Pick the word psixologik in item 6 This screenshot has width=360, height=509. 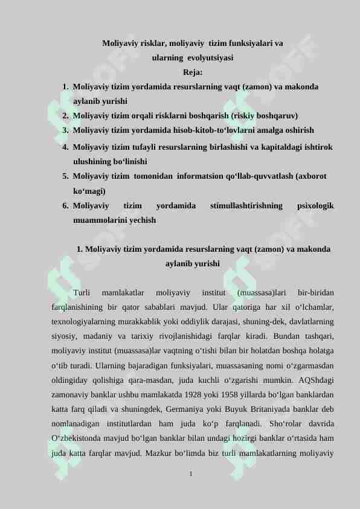pos(316,206)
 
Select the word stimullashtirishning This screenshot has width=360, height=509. pos(246,206)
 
